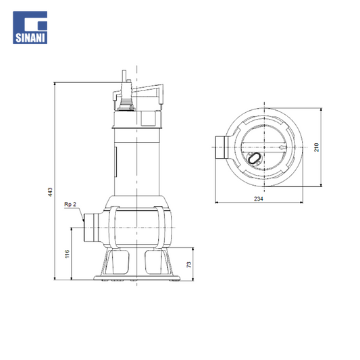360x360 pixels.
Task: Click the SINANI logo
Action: click(30, 27)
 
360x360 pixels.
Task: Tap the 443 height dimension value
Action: click(50, 192)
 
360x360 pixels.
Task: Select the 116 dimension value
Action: click(67, 254)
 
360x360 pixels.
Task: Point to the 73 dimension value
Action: click(188, 265)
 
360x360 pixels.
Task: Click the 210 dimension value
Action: click(316, 147)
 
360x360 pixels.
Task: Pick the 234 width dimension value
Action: click(259, 199)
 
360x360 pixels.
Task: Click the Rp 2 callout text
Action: click(70, 204)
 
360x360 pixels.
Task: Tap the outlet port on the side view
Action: click(91, 228)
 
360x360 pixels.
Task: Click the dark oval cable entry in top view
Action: click(254, 158)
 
